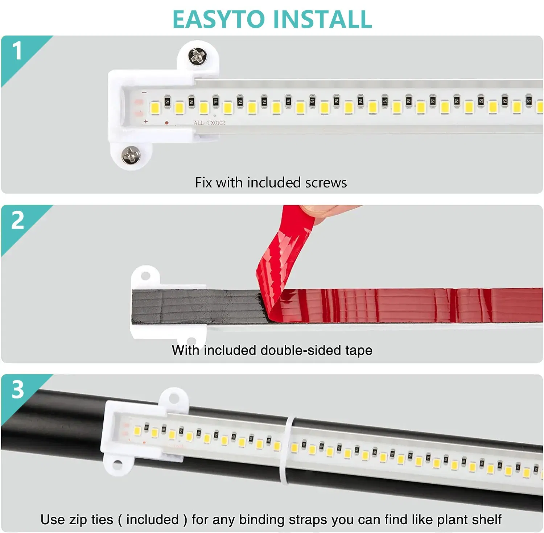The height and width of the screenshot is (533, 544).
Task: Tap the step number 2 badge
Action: tap(17, 220)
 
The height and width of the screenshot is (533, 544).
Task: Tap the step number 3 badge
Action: tap(17, 390)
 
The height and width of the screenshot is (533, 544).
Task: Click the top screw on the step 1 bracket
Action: tap(197, 57)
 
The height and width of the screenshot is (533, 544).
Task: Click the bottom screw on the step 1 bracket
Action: tap(131, 155)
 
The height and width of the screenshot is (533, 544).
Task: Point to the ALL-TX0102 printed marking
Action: tap(209, 123)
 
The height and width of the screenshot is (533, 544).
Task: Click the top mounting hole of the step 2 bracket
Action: tap(145, 276)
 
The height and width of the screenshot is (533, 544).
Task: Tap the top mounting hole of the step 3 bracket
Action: tap(174, 398)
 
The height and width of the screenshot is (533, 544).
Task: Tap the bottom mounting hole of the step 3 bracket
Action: tap(117, 464)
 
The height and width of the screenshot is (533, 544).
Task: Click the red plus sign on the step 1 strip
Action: tap(146, 121)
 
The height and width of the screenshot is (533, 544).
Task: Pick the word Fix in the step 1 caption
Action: tap(203, 183)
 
